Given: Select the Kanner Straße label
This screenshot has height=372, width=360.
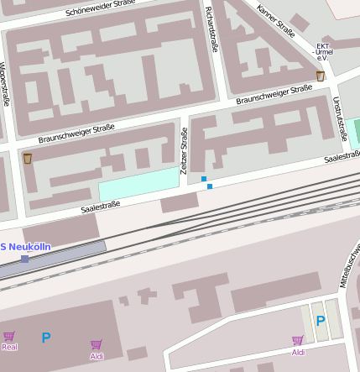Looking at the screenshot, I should [x=276, y=22].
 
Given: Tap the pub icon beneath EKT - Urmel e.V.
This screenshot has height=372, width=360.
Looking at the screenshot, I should [x=321, y=76].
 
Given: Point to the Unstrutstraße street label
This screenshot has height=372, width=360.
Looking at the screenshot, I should [x=340, y=118].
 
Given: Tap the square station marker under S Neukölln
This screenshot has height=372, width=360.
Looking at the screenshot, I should [x=24, y=259].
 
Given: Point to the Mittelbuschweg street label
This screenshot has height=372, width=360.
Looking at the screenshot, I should [x=352, y=265].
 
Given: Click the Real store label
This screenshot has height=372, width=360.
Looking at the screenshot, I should [x=9, y=347].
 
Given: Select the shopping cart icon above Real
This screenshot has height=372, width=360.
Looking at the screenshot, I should [x=9, y=336].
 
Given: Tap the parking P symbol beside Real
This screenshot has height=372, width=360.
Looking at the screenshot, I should [x=46, y=338].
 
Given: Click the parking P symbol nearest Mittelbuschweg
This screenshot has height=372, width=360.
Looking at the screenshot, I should [x=320, y=320].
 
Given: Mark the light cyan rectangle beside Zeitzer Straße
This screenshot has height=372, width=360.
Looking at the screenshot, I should [x=138, y=184].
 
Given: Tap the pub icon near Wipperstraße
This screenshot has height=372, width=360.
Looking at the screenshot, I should [x=28, y=158].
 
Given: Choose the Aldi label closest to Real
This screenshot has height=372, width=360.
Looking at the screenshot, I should [x=97, y=356].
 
